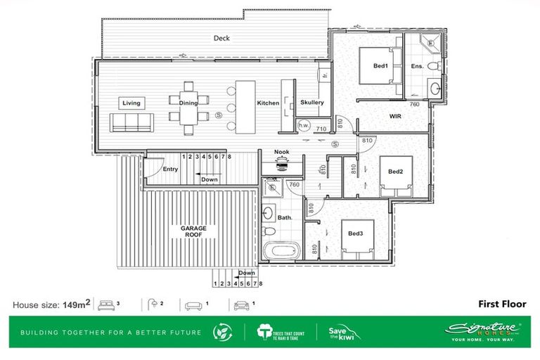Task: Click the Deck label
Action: click(x=222, y=38)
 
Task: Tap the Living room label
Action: click(x=131, y=103)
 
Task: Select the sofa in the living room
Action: click(x=131, y=123)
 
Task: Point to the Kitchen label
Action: click(x=268, y=103)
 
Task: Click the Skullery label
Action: click(x=311, y=103)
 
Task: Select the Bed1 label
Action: click(x=380, y=66)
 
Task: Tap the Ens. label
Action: click(x=417, y=66)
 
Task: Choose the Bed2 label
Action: click(x=396, y=171)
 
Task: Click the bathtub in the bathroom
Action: click(x=281, y=251)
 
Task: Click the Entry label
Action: click(x=170, y=169)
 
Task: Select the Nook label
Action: click(x=282, y=151)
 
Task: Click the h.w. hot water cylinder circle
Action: click(x=304, y=126)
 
